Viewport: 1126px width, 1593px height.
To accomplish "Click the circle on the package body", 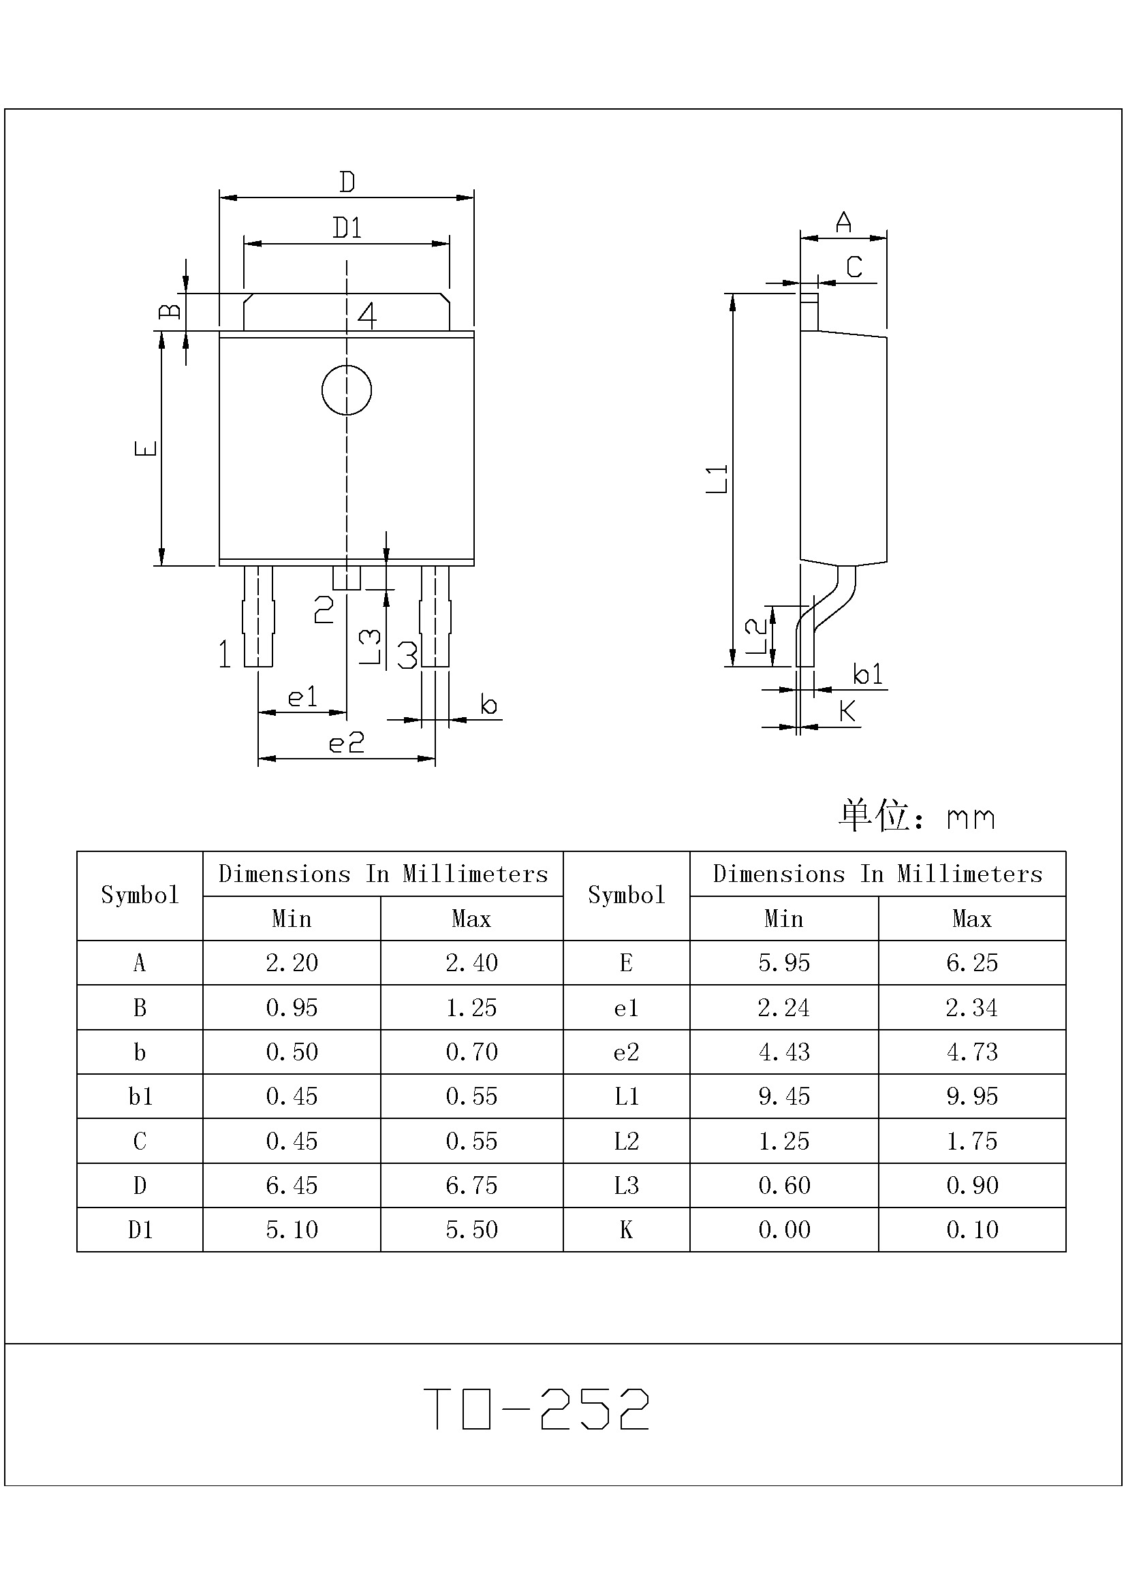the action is pyautogui.click(x=346, y=390).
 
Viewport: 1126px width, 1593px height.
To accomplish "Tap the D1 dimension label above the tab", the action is pyautogui.click(x=347, y=227).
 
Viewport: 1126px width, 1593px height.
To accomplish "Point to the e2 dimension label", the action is pyautogui.click(x=346, y=743).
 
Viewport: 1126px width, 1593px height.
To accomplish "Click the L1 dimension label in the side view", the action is pyautogui.click(x=717, y=479).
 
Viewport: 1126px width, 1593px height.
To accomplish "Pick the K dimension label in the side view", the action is pyautogui.click(x=848, y=710).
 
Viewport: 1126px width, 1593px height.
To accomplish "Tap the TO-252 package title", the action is pyautogui.click(x=536, y=1408).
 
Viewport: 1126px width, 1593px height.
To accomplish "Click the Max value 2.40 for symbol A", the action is pyautogui.click(x=472, y=962).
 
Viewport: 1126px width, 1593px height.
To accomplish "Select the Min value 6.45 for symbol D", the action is pyautogui.click(x=292, y=1185).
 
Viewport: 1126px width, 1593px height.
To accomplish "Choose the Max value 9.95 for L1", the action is pyautogui.click(x=972, y=1097).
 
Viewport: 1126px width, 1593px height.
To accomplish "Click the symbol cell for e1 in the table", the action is pyautogui.click(x=626, y=1007).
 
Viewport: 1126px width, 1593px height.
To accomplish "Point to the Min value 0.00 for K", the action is pyautogui.click(x=784, y=1229).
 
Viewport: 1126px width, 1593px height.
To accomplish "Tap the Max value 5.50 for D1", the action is pyautogui.click(x=472, y=1229).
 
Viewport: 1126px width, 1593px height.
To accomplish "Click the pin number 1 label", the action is pyautogui.click(x=224, y=654).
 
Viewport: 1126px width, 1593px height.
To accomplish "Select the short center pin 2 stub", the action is pyautogui.click(x=346, y=578).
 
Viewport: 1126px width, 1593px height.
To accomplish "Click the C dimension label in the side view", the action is pyautogui.click(x=854, y=266).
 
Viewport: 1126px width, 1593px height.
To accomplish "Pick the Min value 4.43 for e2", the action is pyautogui.click(x=784, y=1052).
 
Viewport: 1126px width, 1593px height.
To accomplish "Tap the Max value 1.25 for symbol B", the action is pyautogui.click(x=472, y=1007).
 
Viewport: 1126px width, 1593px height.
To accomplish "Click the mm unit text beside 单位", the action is pyautogui.click(x=971, y=819).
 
